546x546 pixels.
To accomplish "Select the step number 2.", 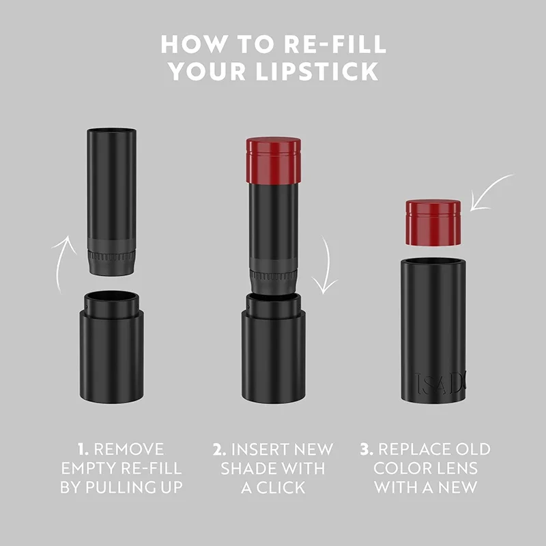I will [219, 449].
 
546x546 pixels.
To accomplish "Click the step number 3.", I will [366, 449].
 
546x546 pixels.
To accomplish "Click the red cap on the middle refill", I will [274, 160].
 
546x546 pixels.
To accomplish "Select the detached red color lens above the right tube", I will [433, 222].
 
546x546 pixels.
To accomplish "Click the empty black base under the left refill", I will [113, 348].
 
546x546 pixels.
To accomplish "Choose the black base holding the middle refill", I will [273, 351].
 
